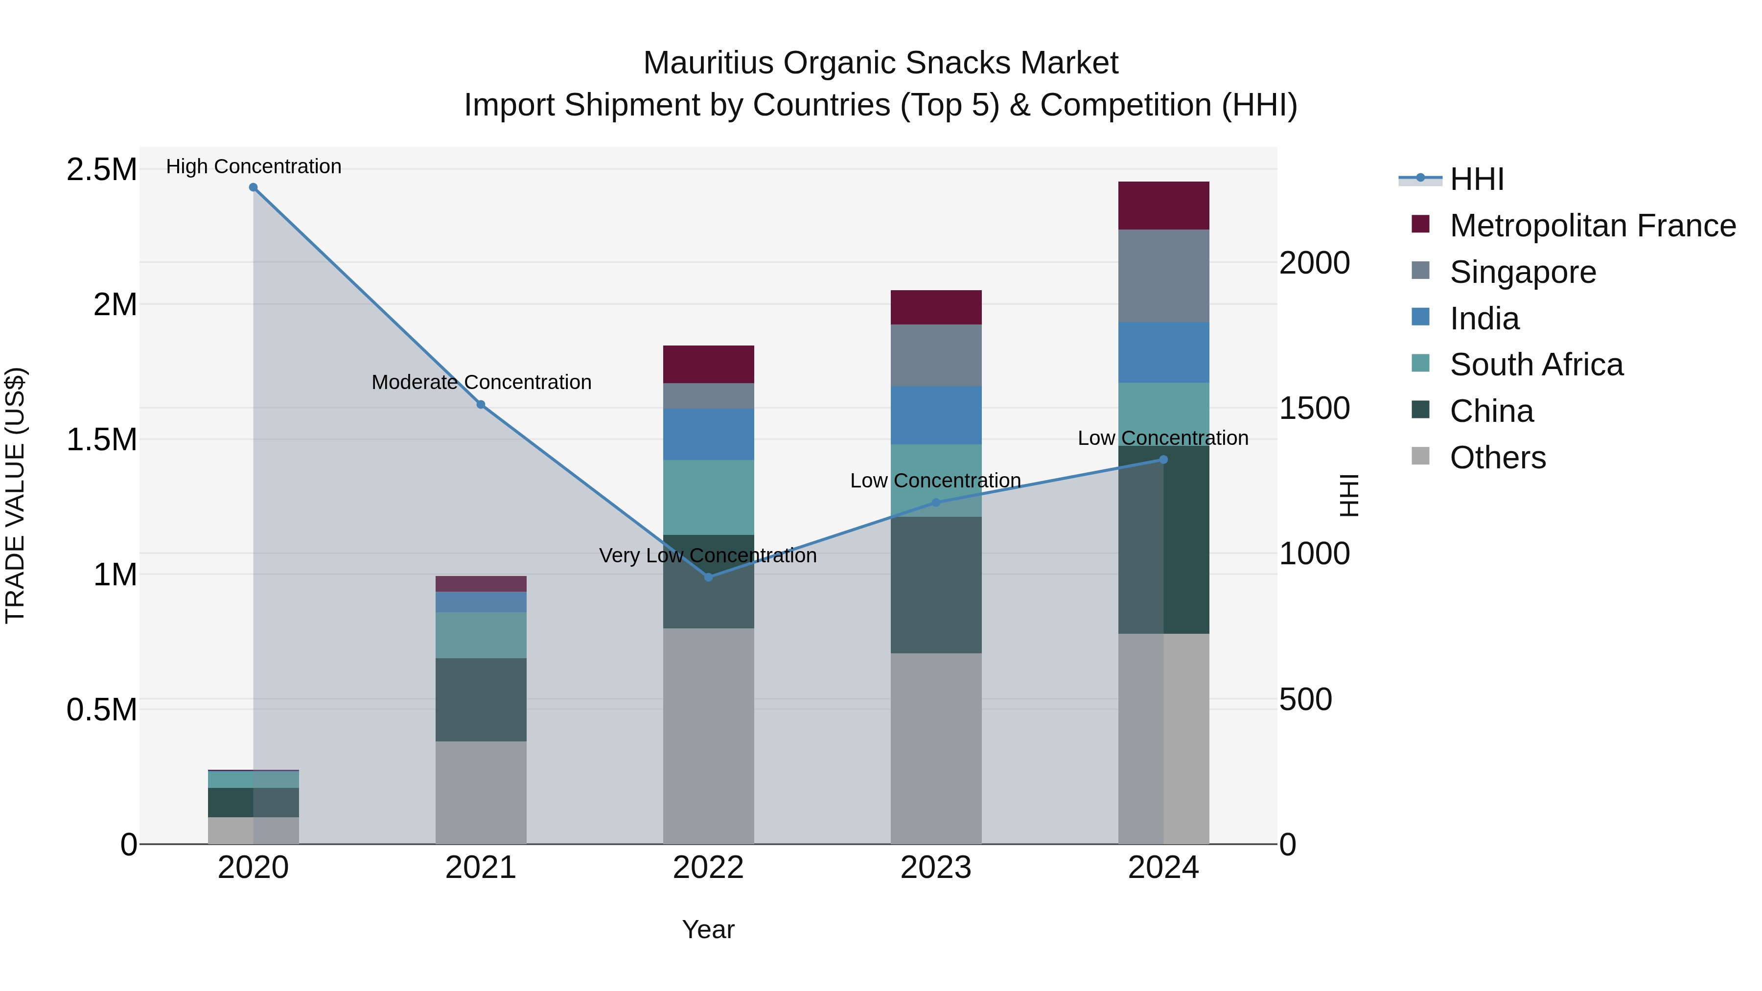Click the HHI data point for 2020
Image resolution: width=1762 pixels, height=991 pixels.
point(253,187)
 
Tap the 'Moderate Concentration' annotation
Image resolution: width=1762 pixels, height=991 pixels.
point(482,382)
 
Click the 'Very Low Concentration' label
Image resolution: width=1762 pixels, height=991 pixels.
point(708,555)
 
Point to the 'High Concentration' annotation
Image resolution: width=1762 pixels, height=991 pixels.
point(254,166)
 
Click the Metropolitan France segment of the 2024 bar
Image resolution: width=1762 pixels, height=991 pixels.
point(1163,205)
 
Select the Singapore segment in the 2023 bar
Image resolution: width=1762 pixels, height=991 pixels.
point(936,355)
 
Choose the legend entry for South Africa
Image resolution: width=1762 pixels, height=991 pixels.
point(1535,365)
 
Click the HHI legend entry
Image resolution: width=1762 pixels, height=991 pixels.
point(1476,179)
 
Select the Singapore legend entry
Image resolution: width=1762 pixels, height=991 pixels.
point(1523,272)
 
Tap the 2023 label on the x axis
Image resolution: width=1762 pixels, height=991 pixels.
point(936,868)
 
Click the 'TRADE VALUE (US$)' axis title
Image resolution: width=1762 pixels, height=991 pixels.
point(15,495)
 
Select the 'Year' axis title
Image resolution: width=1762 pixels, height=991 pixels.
point(708,929)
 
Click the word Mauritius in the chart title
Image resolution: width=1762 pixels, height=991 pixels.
point(709,63)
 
